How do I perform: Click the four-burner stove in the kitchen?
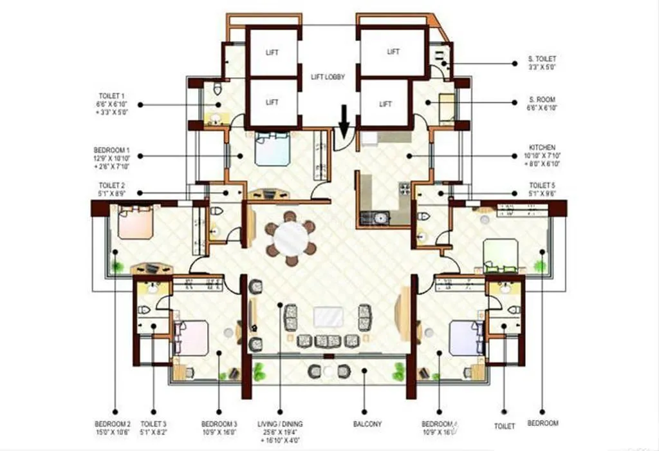[405, 189]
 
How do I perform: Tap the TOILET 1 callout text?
[116, 103]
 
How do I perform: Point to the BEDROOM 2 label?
[113, 428]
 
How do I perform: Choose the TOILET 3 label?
[153, 428]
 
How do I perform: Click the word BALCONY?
[367, 424]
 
